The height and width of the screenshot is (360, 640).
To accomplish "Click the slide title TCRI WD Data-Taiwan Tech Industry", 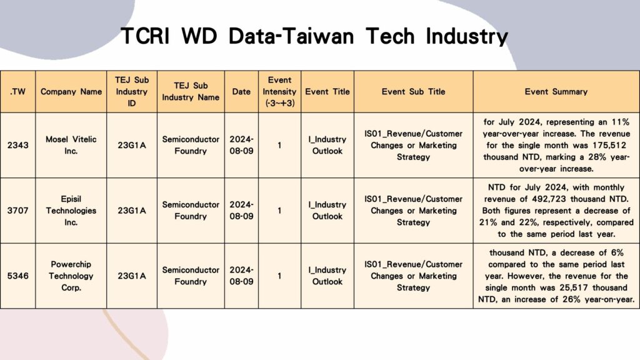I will point(314,36).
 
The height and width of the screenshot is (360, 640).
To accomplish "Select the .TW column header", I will point(17,91).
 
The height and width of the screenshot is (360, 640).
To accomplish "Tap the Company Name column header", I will point(71,91).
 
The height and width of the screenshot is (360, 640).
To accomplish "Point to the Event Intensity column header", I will point(279,91).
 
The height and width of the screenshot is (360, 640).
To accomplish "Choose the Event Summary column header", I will point(556,91).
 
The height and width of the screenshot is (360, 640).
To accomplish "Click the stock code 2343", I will point(17,145).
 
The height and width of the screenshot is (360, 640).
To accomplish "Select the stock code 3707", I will point(17,211).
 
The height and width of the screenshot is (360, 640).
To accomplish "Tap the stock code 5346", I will point(17,276).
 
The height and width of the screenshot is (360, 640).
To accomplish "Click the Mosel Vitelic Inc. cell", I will point(71,145).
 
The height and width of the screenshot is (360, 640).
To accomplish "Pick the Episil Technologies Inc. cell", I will point(71,211).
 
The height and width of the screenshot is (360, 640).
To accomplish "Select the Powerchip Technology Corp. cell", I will point(71,276).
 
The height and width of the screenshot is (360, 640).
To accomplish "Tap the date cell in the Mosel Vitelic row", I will point(241,145).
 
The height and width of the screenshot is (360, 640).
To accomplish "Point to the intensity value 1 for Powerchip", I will point(279,276).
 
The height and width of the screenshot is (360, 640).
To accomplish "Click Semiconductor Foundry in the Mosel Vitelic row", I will point(191,145).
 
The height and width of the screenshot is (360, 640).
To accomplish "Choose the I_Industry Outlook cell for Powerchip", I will point(327,276).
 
